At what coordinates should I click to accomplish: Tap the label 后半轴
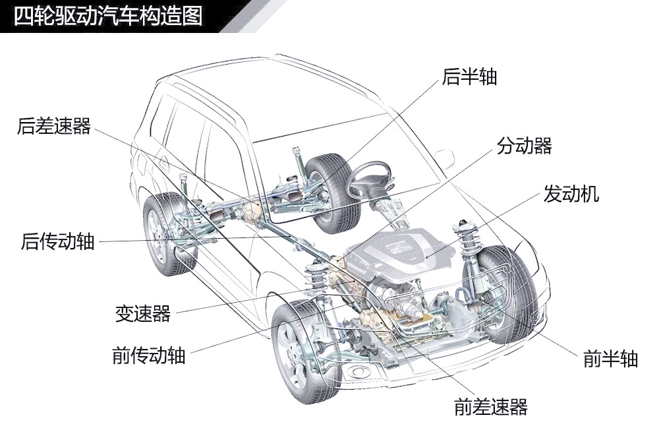[469, 77]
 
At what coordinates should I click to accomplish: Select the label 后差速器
[54, 126]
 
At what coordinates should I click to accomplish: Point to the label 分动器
[524, 146]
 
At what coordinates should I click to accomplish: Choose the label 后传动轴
[58, 241]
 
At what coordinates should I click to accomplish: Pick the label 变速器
[143, 313]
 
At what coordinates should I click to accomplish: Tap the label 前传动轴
[149, 356]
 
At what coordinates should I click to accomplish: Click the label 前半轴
[611, 359]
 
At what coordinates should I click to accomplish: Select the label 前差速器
[490, 407]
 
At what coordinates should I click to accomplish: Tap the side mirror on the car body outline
[445, 159]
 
